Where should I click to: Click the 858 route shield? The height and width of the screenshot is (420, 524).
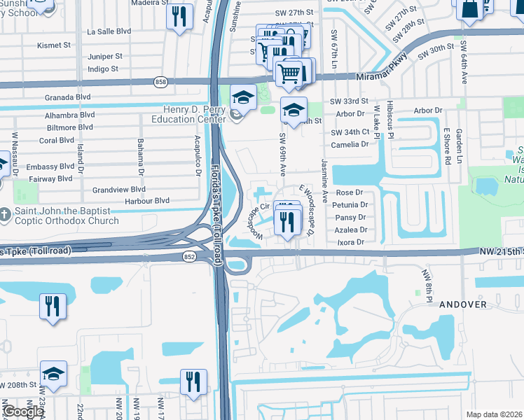coord(160,82)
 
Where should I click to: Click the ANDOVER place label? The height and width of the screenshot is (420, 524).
coord(462,305)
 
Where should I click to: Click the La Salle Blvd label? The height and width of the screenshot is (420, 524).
coord(109,31)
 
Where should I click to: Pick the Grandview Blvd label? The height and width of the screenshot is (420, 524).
coord(119,189)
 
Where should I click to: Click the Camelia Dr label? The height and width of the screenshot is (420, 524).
coord(350,144)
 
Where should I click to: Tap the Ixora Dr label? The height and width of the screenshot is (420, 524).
coord(352,242)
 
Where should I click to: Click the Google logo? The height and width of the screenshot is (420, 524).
coord(23,412)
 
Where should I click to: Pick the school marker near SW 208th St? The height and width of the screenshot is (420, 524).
coord(53,375)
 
